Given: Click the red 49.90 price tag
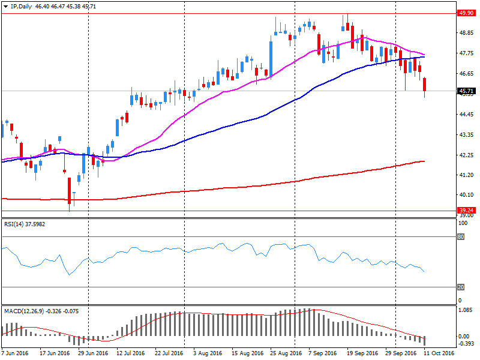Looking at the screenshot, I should pos(465,13).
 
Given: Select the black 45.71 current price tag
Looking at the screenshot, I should pos(465,91).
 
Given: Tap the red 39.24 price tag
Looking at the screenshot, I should pos(465,210).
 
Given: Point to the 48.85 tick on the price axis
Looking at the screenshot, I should pos(465,34).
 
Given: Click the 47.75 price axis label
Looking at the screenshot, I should pos(465,53).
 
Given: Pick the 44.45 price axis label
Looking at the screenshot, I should pos(465,114).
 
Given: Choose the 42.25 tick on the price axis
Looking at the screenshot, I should pos(465,155).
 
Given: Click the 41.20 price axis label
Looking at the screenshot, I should pos(465,175).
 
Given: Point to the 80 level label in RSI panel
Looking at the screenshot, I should pos(461,236).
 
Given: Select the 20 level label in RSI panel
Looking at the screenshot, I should pos(461,287).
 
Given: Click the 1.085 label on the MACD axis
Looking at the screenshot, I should pos(464,310).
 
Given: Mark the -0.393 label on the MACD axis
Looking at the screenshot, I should pos(465,344).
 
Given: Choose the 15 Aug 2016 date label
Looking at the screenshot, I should pos(248,353).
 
